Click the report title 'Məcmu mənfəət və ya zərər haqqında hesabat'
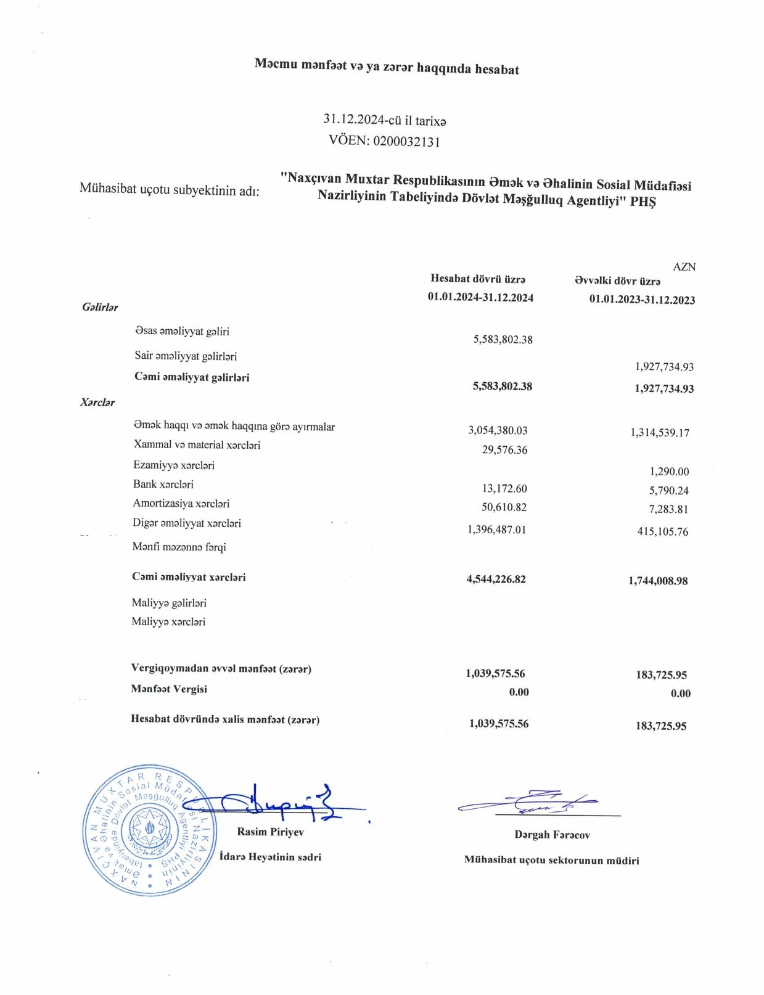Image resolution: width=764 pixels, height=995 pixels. coord(387,68)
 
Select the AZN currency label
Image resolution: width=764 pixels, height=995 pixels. coord(684,267)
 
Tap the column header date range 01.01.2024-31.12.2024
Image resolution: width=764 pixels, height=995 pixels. coord(480,297)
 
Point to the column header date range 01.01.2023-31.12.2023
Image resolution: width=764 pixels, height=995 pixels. coord(642,300)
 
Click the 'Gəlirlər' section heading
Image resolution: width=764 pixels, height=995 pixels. coord(100,307)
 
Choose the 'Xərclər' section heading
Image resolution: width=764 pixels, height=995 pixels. coord(97,402)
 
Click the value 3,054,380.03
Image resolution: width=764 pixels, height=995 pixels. coord(498,430)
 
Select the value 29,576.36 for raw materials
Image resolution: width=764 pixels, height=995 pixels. coord(504,450)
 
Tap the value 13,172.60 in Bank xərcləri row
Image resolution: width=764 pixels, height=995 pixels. coord(504,489)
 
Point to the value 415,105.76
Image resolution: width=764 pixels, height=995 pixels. coord(662,532)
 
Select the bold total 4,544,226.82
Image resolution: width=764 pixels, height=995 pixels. coord(496,579)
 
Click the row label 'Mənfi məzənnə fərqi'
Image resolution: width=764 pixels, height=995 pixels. coord(175,547)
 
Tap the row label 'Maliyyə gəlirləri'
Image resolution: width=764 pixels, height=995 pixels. coord(169,602)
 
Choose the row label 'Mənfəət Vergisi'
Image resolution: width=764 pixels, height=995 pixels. coord(168,689)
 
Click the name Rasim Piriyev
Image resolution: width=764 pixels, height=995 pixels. coord(270,832)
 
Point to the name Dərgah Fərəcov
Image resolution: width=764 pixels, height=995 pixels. coord(552,835)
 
